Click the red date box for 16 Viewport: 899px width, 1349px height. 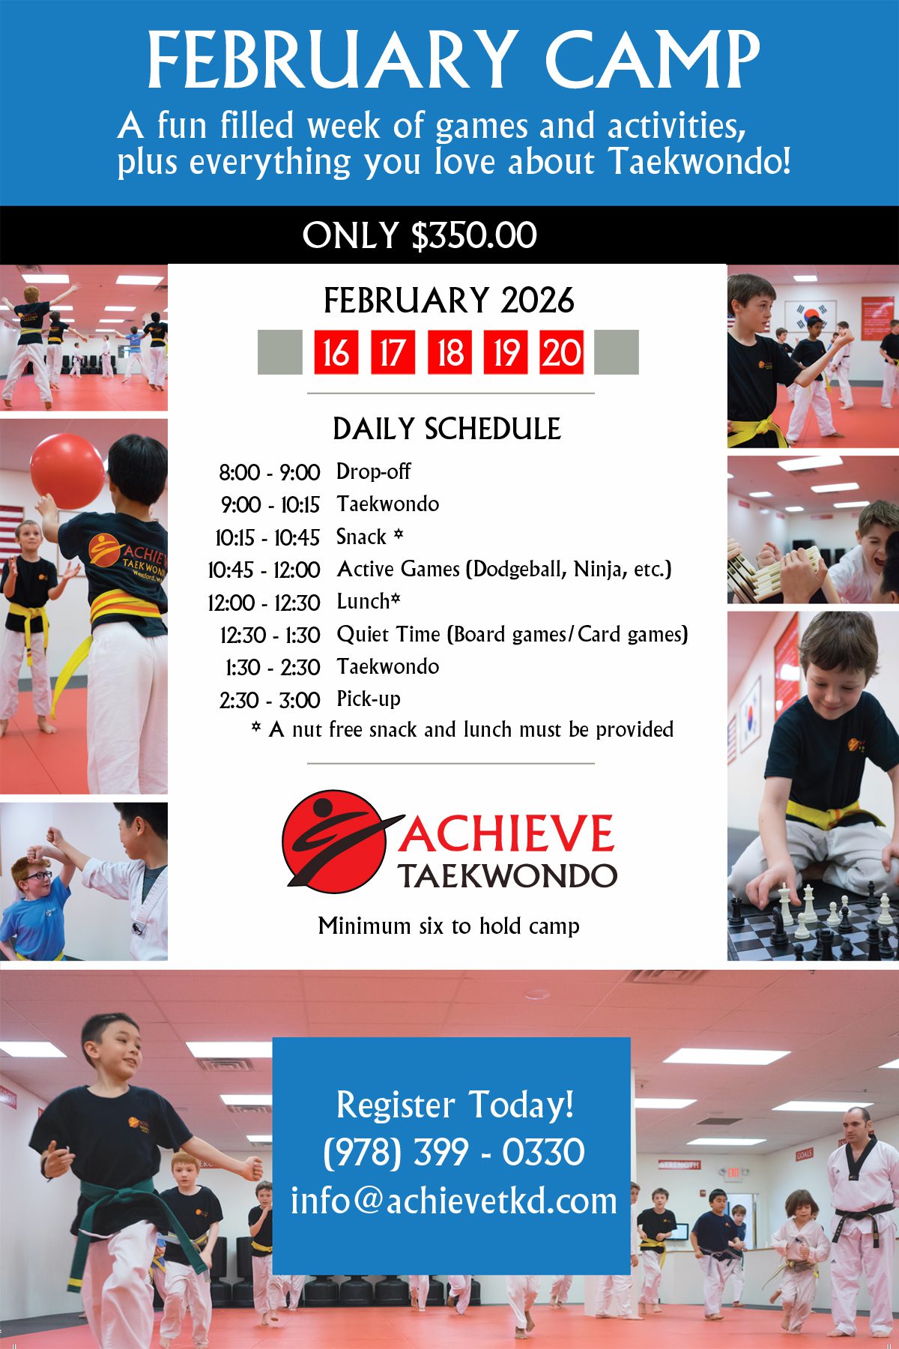335,352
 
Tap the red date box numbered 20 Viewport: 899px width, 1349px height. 562,352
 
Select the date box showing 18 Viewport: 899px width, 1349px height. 449,352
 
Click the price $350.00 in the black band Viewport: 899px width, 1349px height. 473,235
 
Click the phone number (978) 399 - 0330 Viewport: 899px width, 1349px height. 453,1152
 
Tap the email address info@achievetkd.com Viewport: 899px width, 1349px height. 453,1201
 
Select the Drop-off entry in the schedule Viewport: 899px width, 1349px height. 373,471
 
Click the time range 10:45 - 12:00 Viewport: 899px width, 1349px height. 264,570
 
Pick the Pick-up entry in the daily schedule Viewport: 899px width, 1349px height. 368,699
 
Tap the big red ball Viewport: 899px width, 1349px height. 67,471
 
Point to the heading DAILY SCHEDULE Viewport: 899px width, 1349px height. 447,429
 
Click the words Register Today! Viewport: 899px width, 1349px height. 455,1105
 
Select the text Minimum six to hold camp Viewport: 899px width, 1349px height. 449,926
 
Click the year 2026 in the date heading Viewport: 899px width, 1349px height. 537,301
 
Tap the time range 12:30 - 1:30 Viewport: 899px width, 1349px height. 270,636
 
